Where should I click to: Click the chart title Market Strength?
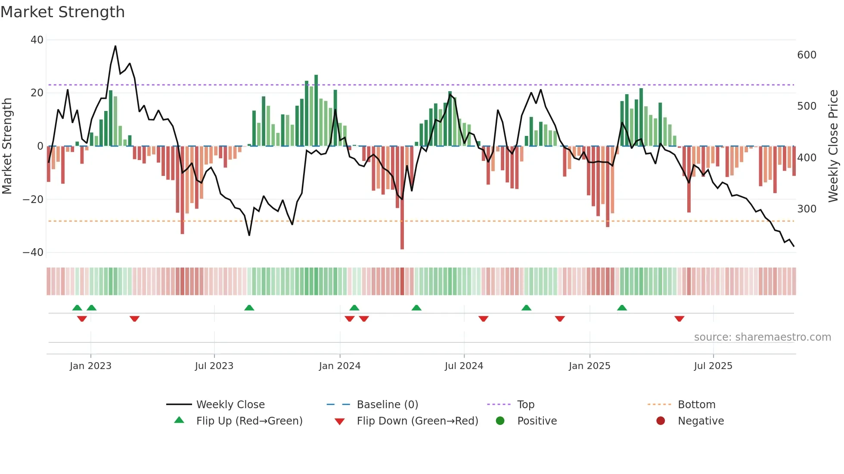(62, 12)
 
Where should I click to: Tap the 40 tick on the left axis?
(37, 40)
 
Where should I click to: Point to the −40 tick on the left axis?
(33, 252)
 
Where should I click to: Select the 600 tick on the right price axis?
(807, 55)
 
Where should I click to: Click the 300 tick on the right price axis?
(807, 209)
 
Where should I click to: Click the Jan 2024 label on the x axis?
(339, 366)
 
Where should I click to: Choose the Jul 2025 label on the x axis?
(713, 366)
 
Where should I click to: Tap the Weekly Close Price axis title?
(833, 146)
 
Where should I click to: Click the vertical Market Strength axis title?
(7, 146)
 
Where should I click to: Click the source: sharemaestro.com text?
(762, 337)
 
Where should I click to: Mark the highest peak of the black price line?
(115, 46)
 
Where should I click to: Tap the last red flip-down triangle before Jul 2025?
(680, 319)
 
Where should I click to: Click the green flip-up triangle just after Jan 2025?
(622, 308)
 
